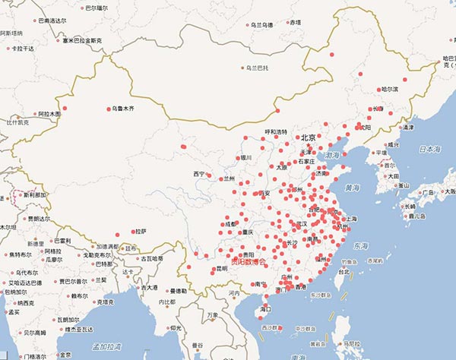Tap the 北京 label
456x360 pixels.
(308, 137)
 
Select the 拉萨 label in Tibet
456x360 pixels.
(139, 231)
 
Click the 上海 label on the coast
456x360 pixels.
(351, 219)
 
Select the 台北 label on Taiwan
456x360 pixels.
(344, 271)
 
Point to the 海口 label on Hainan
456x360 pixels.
(265, 309)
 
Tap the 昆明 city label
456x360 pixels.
(220, 268)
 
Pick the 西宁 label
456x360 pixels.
(199, 174)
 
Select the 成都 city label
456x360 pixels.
(232, 224)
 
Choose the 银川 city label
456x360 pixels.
(245, 158)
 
